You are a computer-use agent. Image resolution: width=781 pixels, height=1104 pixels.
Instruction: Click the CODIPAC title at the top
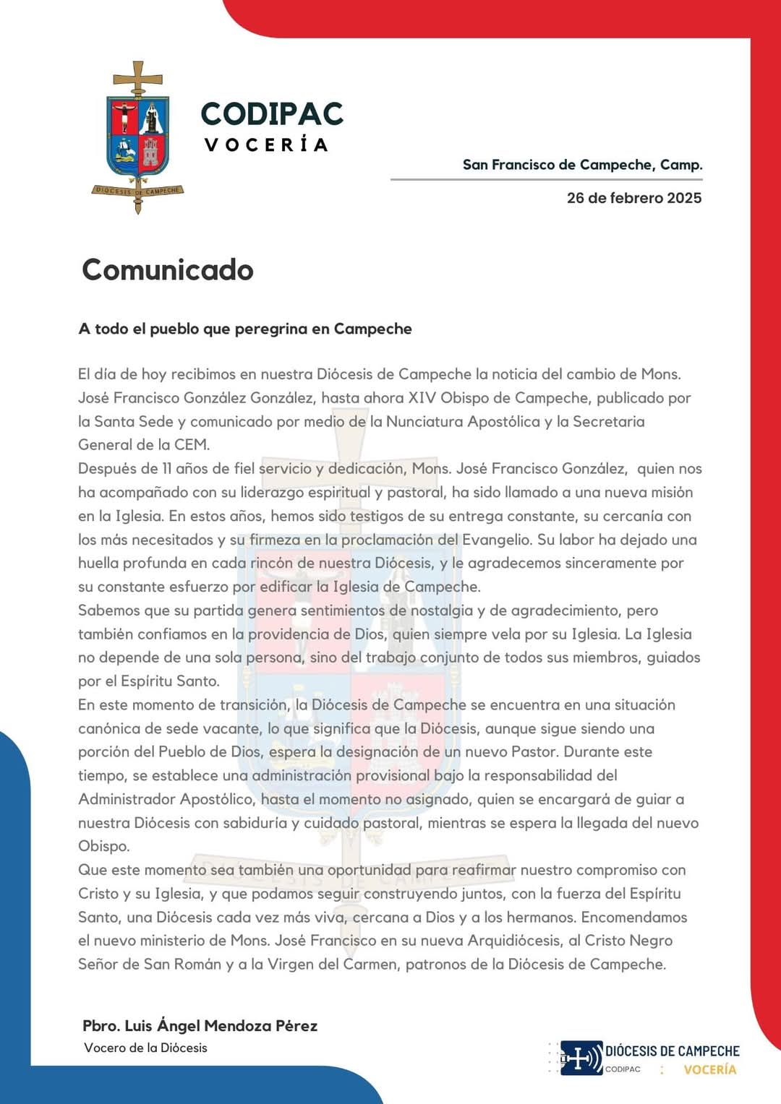[272, 113]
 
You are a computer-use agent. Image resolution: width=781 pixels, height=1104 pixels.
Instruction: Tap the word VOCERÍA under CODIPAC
[266, 145]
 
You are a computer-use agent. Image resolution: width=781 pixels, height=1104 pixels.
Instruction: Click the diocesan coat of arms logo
[138, 137]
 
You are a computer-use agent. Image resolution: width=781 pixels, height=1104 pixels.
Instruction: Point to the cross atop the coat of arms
[137, 75]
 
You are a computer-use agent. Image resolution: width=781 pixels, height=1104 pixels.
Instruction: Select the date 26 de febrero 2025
[633, 198]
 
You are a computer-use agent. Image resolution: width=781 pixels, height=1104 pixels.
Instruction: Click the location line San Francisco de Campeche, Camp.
[582, 165]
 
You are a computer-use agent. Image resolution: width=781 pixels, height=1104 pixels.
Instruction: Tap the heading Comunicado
[168, 269]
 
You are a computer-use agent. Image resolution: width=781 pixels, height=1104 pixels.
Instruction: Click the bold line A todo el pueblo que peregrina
[245, 329]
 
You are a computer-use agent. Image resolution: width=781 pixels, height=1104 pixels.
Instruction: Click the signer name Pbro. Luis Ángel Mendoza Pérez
[200, 1026]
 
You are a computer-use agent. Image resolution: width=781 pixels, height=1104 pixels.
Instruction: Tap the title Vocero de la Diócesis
[145, 1048]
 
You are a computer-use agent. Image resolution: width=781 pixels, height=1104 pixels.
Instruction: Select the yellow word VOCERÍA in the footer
[710, 1069]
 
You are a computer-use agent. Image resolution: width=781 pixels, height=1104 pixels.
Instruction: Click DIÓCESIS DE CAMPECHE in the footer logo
[672, 1051]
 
